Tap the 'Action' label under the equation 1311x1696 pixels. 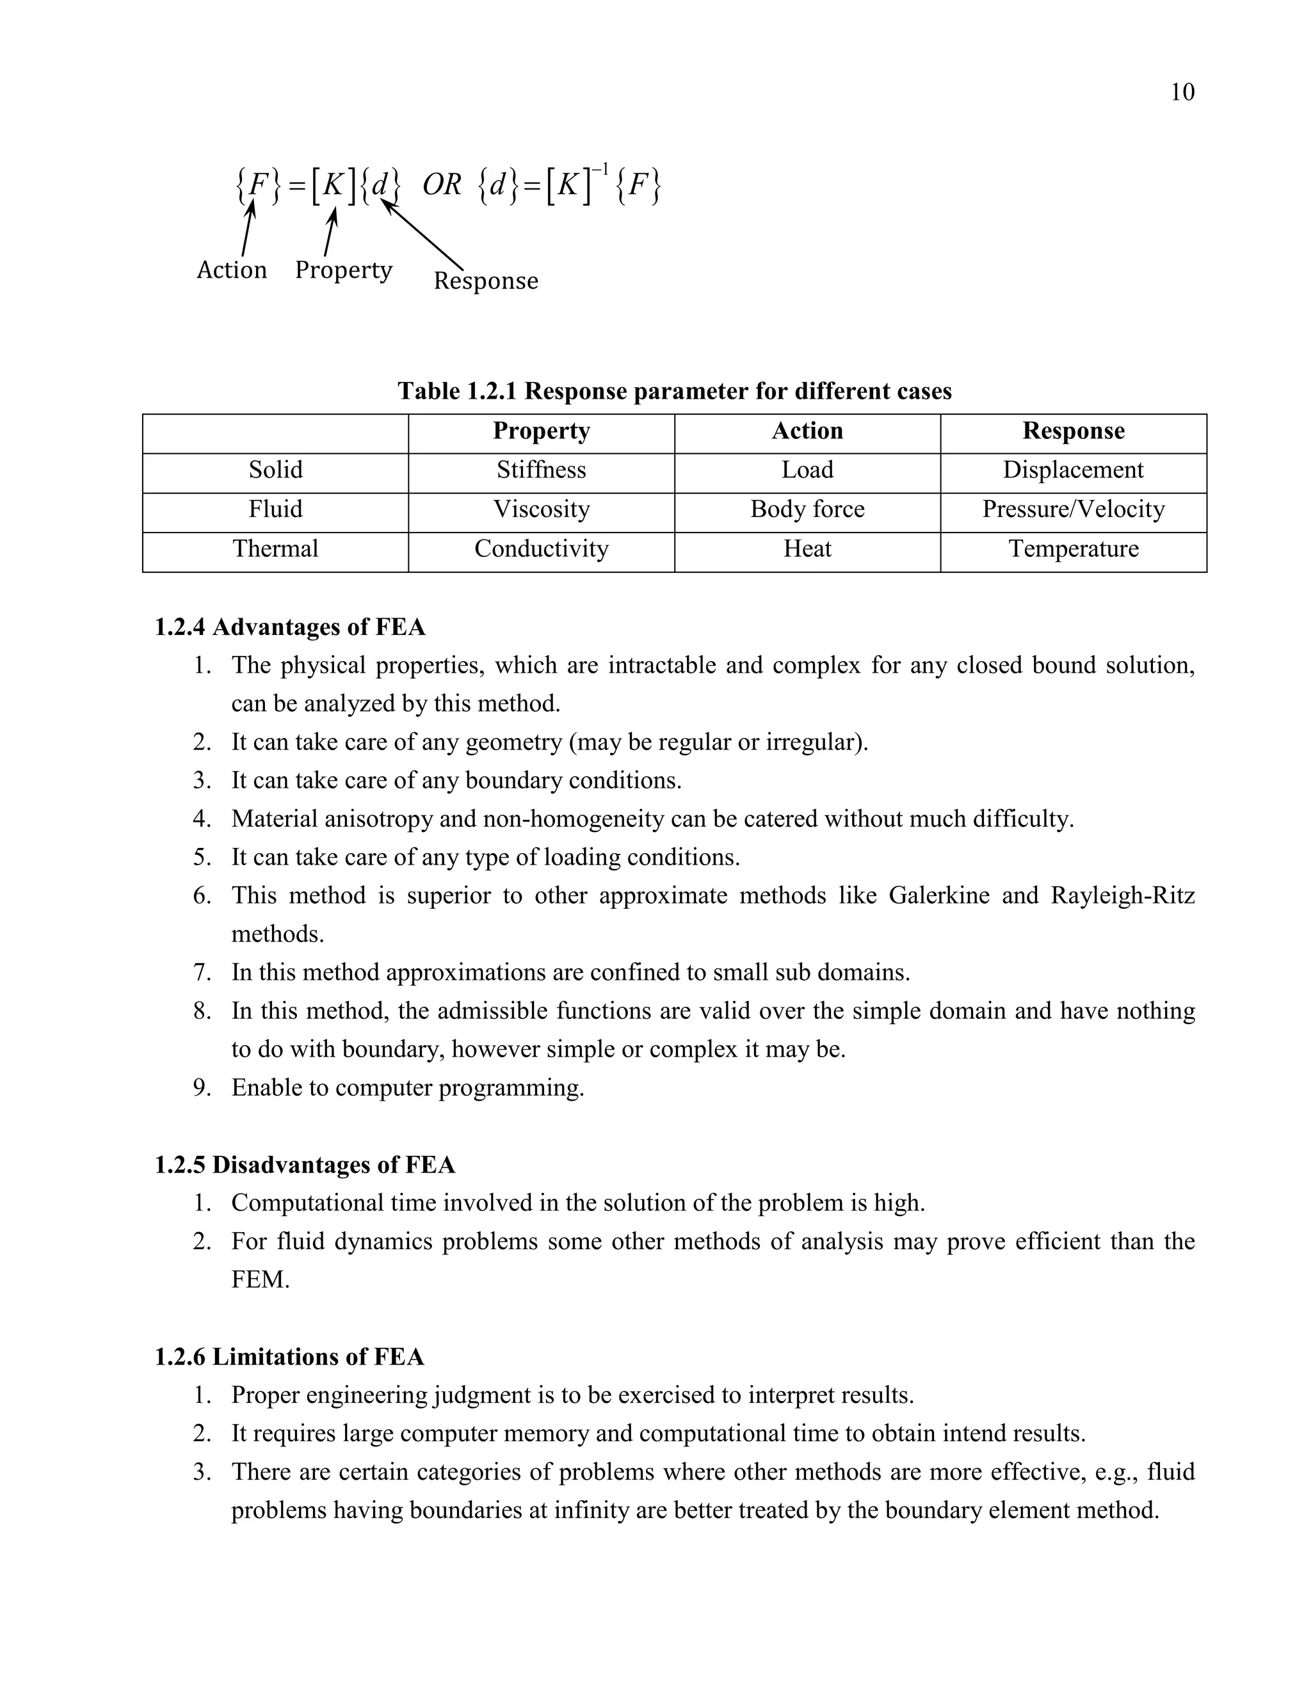(x=232, y=269)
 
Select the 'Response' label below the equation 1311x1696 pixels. (x=485, y=280)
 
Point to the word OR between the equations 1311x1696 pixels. (x=442, y=185)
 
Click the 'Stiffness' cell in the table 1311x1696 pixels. (x=542, y=470)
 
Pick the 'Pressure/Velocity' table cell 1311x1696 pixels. (x=1073, y=509)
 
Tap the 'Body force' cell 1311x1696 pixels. (x=807, y=509)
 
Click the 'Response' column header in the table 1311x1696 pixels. (x=1073, y=431)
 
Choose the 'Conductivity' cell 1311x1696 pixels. (x=542, y=549)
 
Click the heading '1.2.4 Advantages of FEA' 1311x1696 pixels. (x=290, y=627)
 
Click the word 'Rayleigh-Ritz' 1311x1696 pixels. (x=1122, y=895)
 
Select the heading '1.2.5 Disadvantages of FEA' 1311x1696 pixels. (x=305, y=1165)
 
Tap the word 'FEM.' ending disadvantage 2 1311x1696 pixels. (x=260, y=1280)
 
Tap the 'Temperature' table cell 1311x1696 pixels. (x=1073, y=549)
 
